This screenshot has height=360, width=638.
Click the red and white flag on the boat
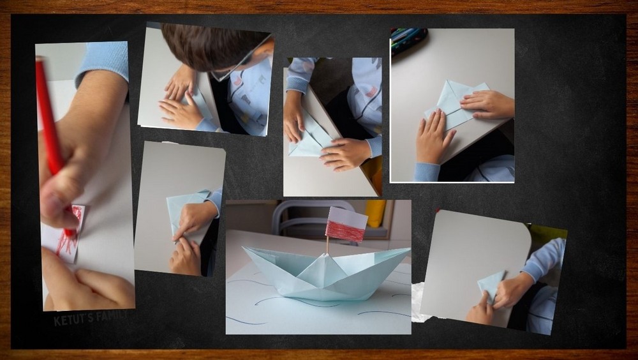(x=346, y=225)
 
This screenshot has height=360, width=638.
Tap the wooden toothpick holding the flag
(x=327, y=246)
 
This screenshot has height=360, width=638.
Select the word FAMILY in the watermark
(x=111, y=315)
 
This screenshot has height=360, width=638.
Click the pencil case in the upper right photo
(x=408, y=40)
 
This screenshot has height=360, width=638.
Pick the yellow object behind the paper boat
(x=375, y=213)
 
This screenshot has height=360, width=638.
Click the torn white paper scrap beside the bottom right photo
(x=419, y=302)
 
